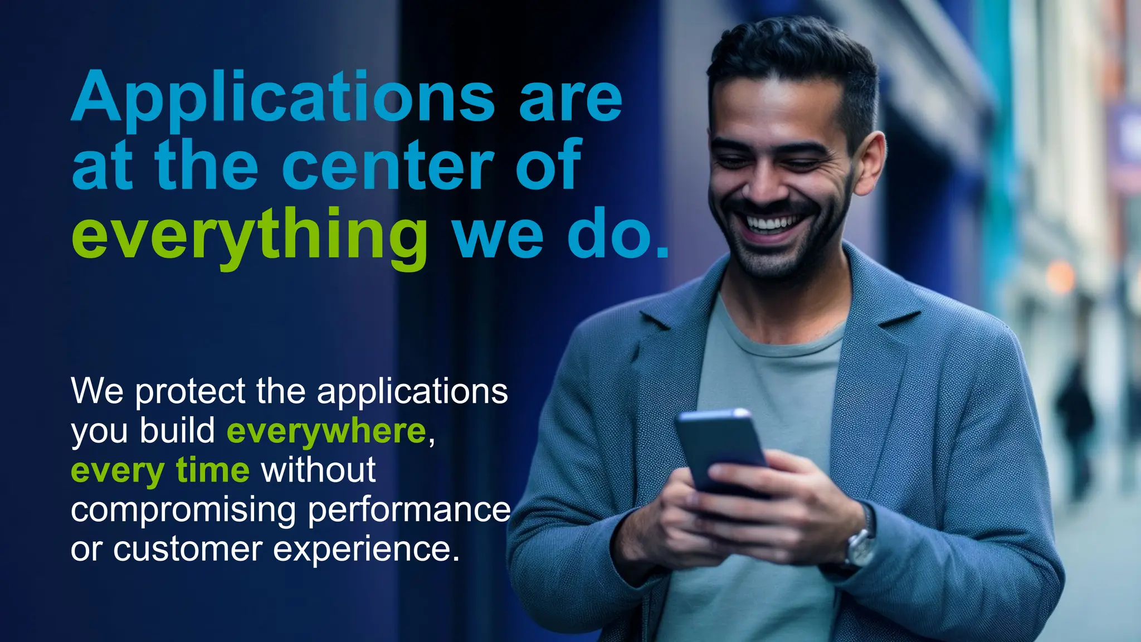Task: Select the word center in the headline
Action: tap(388, 166)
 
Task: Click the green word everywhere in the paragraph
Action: tap(326, 431)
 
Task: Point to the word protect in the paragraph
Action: tap(190, 392)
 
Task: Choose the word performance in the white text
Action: tap(409, 509)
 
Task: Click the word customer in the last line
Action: tap(188, 549)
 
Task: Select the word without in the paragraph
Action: tap(319, 470)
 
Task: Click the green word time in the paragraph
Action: tap(212, 470)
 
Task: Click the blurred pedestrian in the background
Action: tap(1075, 424)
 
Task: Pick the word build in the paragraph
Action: tap(178, 431)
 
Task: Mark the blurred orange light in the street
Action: tap(1060, 277)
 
